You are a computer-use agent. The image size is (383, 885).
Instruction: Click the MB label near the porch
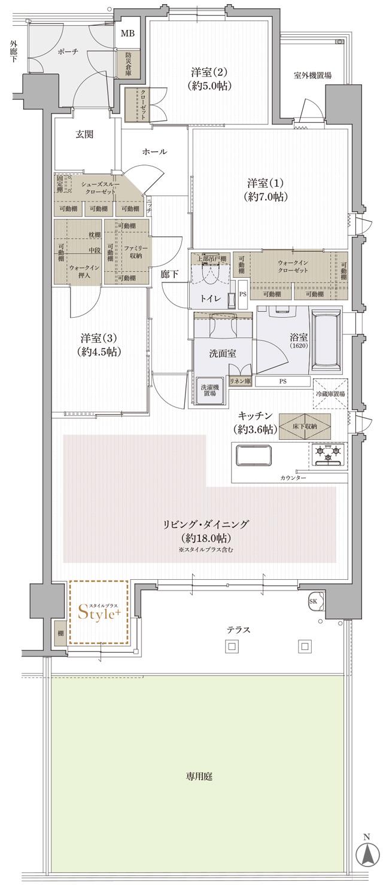127,33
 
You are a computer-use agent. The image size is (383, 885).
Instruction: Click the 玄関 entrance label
84,135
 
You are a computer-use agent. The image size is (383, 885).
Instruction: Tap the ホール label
154,152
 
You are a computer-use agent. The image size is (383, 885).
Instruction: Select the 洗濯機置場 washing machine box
209,390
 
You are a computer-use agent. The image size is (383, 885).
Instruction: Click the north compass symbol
364,853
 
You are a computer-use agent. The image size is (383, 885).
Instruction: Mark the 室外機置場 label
313,75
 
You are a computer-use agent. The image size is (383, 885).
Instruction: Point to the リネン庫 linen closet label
239,381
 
